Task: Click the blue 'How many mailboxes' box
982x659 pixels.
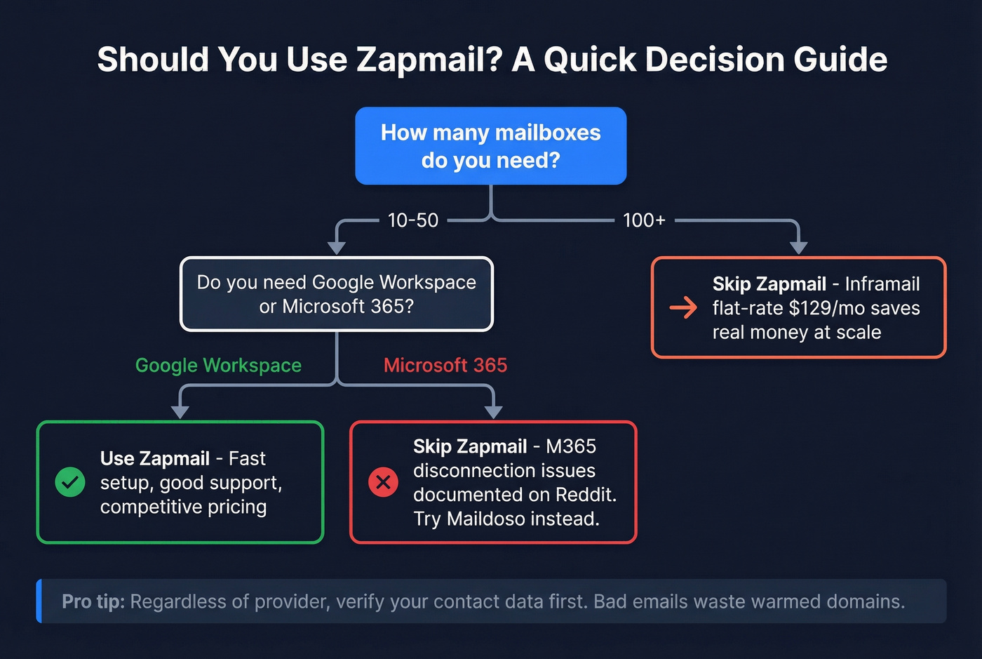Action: point(490,146)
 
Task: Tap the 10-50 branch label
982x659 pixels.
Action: point(412,220)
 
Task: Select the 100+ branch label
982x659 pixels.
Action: point(644,220)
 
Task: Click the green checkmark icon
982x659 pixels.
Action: point(70,482)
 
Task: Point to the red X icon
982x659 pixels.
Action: point(383,482)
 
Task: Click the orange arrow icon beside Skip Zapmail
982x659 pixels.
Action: point(683,307)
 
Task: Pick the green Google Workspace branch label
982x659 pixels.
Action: point(218,366)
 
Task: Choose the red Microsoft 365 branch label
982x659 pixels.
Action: point(445,366)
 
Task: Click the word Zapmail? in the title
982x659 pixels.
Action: point(429,60)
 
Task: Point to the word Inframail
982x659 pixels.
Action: point(882,284)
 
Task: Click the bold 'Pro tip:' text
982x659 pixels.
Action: point(93,601)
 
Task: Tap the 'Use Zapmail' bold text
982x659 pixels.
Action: point(154,459)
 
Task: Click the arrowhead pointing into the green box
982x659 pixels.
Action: point(180,412)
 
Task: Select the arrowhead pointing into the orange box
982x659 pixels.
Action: point(798,247)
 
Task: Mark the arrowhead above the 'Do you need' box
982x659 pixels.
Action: point(337,248)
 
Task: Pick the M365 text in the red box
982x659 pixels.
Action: point(570,446)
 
